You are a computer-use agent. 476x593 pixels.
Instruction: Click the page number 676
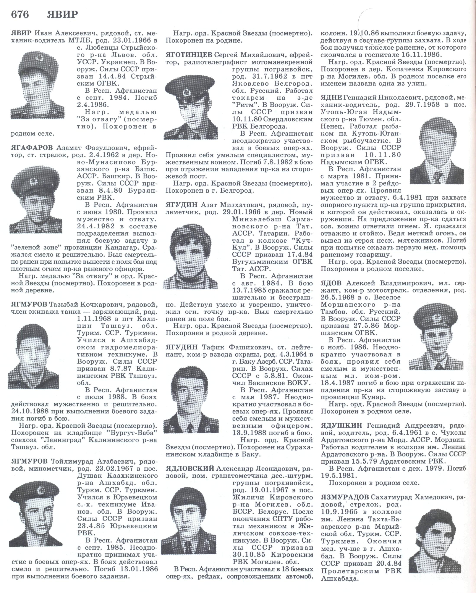pos(20,15)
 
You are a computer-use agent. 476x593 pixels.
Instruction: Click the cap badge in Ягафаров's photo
pos(34,181)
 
